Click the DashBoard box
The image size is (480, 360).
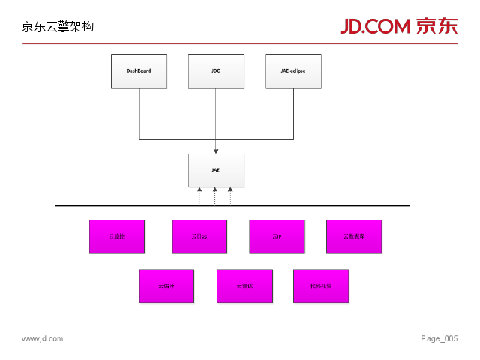pos(139,71)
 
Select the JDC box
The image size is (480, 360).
pos(216,71)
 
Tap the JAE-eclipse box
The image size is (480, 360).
pos(293,71)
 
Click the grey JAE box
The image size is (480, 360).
pos(216,170)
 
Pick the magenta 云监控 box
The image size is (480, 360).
pos(117,236)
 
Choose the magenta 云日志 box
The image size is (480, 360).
pos(199,236)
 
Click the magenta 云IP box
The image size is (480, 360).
pos(277,236)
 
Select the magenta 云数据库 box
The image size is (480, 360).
pos(354,236)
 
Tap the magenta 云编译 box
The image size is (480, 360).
pos(166,286)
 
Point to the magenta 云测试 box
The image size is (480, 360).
pos(244,286)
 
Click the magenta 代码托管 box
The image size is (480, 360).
pos(321,286)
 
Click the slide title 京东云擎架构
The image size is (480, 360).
pos(58,27)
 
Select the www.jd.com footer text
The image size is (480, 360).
pos(43,339)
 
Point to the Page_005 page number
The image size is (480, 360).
pos(439,339)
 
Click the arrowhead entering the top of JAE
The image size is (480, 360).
pos(216,151)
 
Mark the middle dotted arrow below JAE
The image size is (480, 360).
pos(215,196)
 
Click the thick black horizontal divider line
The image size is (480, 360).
pos(232,205)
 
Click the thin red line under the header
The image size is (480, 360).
pos(240,44)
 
